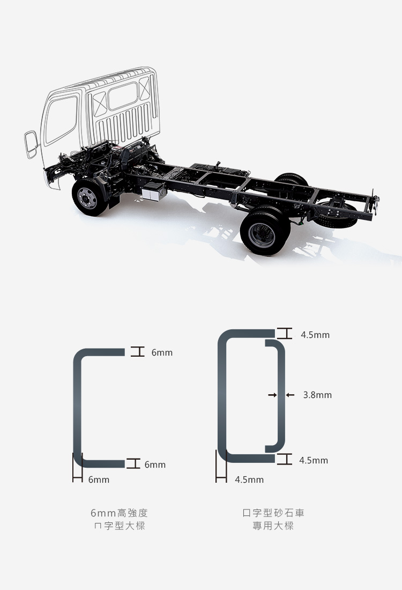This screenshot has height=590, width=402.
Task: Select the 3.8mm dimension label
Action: pyautogui.click(x=317, y=395)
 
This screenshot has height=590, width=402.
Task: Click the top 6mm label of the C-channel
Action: pyautogui.click(x=162, y=353)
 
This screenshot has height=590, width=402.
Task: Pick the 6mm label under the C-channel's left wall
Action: pyautogui.click(x=99, y=480)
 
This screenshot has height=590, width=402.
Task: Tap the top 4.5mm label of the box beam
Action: pyautogui.click(x=315, y=335)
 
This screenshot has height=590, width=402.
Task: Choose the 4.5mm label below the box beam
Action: pyautogui.click(x=249, y=480)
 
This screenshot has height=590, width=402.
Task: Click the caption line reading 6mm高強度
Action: pyautogui.click(x=118, y=513)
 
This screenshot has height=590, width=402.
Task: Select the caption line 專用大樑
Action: pyautogui.click(x=273, y=526)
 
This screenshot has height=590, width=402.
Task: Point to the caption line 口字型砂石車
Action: pyautogui.click(x=273, y=513)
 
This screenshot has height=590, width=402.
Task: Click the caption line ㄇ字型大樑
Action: pyautogui.click(x=118, y=526)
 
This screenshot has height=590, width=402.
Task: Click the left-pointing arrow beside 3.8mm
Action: pyautogui.click(x=290, y=395)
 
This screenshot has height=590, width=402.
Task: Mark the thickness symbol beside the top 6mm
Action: pyautogui.click(x=138, y=352)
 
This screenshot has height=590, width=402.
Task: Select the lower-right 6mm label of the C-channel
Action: pyautogui.click(x=155, y=464)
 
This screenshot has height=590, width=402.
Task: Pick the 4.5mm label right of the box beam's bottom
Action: pyautogui.click(x=314, y=460)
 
